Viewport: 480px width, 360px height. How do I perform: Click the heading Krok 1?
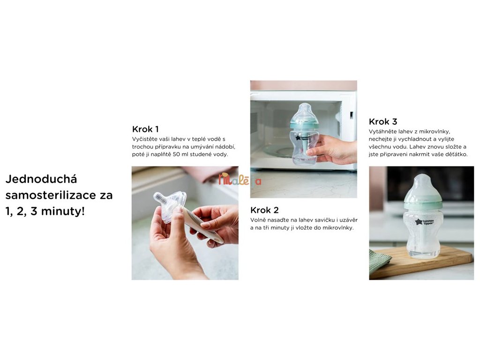pos(145,129)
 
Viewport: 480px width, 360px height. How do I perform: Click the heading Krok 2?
pos(264,210)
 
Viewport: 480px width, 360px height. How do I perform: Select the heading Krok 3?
pos(383,121)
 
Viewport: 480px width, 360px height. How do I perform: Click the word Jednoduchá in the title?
pos(41,179)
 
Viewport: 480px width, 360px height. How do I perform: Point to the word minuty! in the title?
pos(63,211)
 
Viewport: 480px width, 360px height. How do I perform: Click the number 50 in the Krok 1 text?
pos(176,154)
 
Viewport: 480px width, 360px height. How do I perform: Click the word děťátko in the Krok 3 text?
pos(457,154)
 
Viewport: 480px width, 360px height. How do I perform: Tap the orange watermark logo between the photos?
pos(240,180)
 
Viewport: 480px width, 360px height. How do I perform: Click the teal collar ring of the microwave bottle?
pos(304,126)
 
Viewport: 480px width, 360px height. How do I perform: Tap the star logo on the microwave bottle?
pos(298,138)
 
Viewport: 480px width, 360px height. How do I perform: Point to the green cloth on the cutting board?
pos(380,260)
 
